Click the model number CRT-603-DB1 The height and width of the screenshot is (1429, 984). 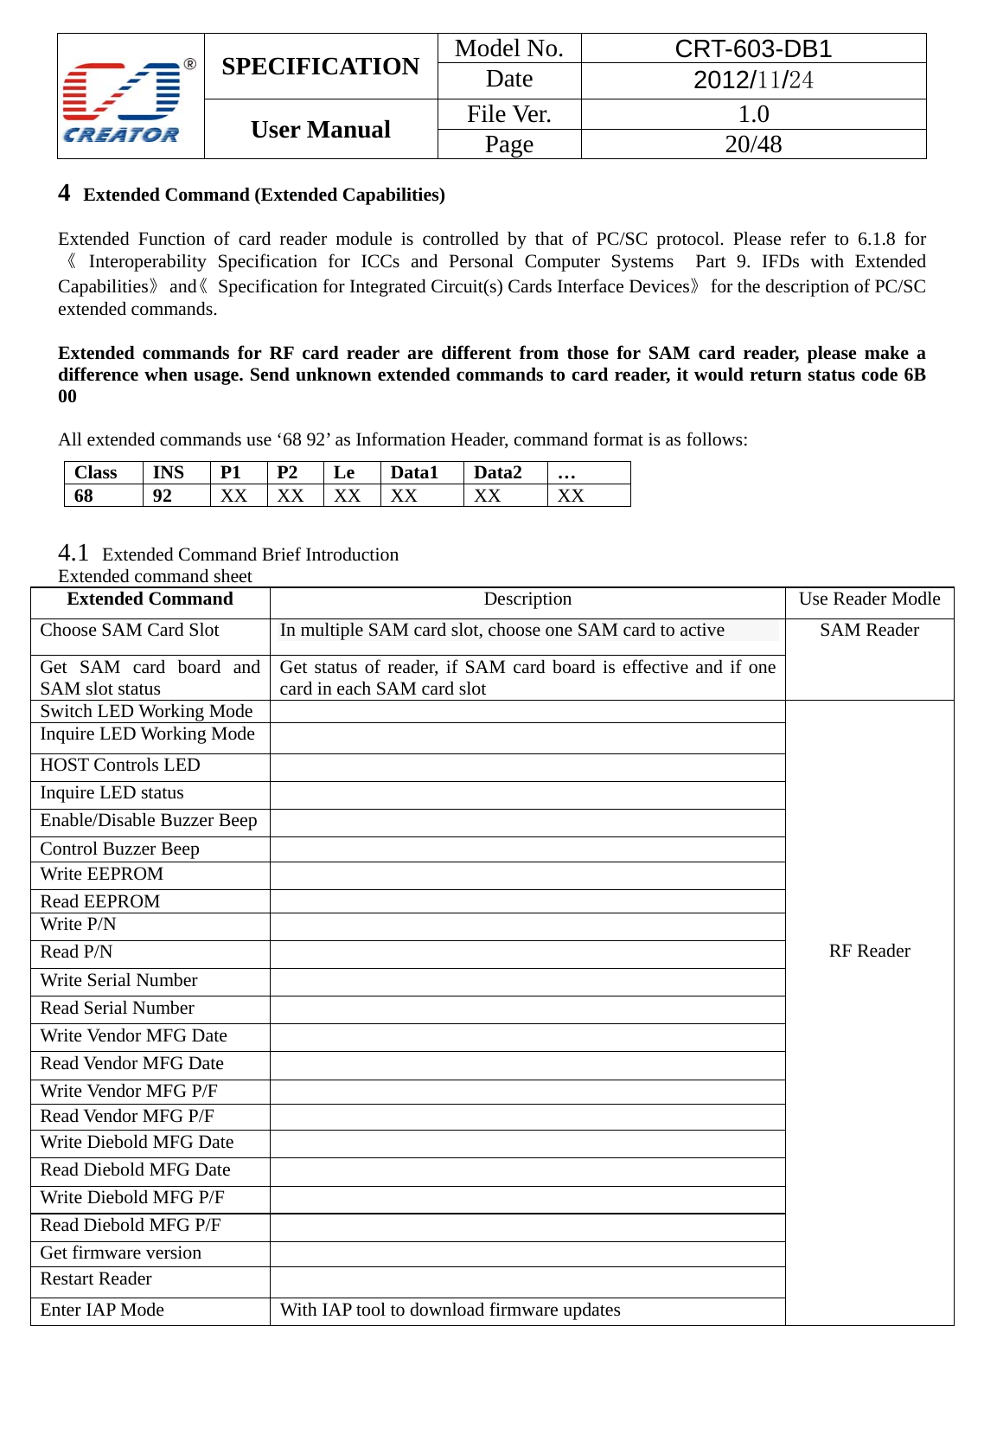coord(752,48)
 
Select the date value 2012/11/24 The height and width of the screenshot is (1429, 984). coord(752,80)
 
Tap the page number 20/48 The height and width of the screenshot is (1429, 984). coord(752,144)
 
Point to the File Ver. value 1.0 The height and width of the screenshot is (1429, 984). coord(752,114)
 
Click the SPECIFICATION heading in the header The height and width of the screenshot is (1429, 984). coord(320,67)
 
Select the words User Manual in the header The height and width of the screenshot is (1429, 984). coord(320,130)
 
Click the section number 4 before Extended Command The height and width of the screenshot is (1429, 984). coord(64,193)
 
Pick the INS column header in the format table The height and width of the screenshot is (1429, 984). coord(168,472)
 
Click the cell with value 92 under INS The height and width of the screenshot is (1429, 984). coord(162,496)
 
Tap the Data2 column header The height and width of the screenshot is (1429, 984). coord(497,472)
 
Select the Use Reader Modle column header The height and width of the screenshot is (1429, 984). coord(869,599)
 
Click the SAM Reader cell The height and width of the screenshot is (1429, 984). coord(869,630)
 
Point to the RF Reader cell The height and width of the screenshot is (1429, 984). coord(869,951)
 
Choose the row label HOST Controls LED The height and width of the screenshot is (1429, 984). coord(119,765)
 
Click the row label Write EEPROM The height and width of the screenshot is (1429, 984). coord(101,874)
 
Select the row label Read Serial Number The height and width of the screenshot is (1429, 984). coord(117,1008)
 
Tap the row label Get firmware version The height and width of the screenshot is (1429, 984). coord(120,1253)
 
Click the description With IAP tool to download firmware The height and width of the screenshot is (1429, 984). coord(450,1310)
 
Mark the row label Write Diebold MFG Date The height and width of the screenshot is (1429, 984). coord(137,1142)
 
